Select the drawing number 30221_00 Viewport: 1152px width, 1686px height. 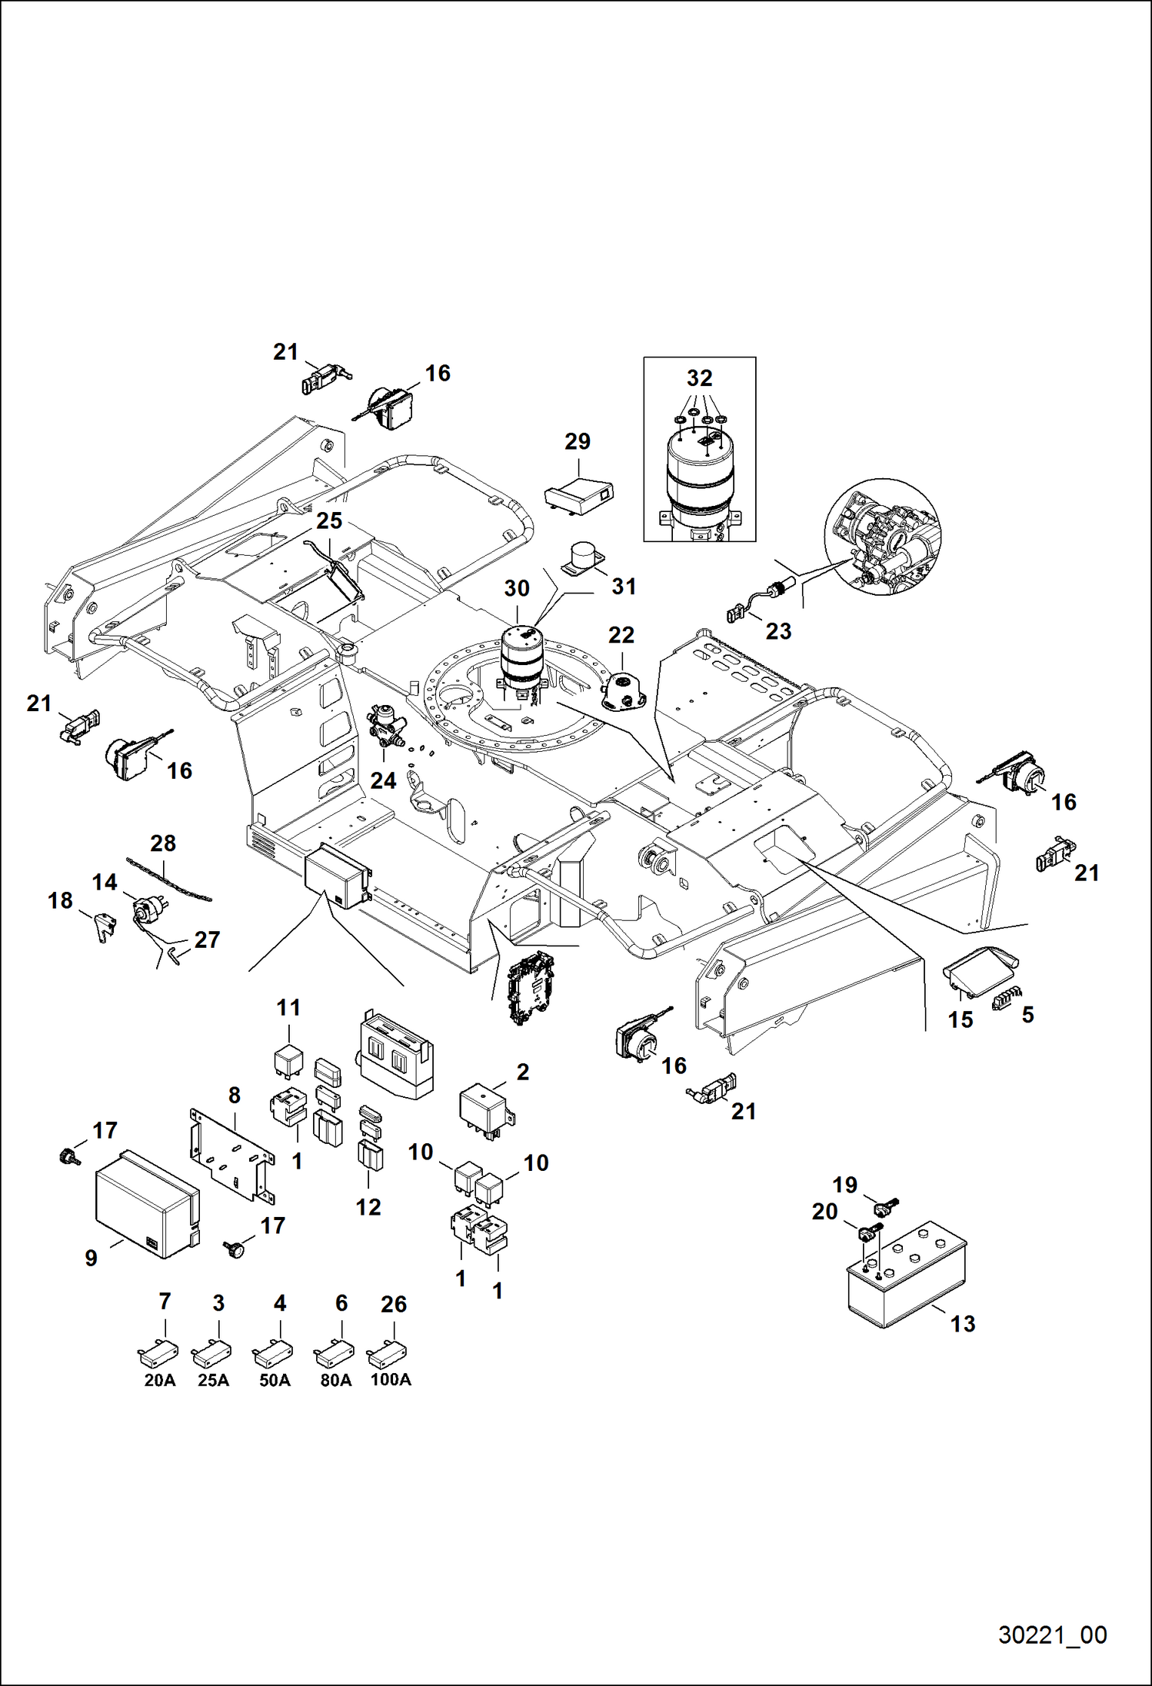[x=1052, y=1634]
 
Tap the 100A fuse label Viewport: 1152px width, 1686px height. [x=391, y=1379]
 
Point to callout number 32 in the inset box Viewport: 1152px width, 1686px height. [x=699, y=378]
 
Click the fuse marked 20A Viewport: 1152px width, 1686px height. [x=158, y=1351]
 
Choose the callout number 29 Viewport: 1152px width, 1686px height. [x=578, y=441]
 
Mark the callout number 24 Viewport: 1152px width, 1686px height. [x=383, y=780]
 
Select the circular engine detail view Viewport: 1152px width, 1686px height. [x=883, y=537]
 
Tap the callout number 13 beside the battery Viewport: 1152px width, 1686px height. [x=963, y=1323]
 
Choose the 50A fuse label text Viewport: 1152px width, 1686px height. [x=275, y=1380]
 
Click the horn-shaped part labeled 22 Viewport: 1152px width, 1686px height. [x=624, y=690]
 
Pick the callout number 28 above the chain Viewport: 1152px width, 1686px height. [x=163, y=843]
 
